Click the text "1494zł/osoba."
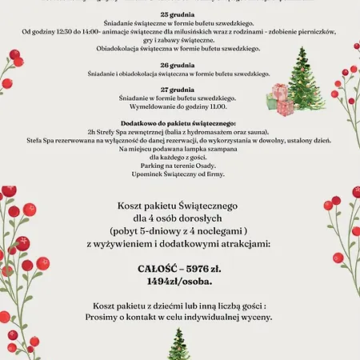pos(179,282)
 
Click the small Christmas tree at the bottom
pos(178,344)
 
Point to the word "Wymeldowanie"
pos(153,106)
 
